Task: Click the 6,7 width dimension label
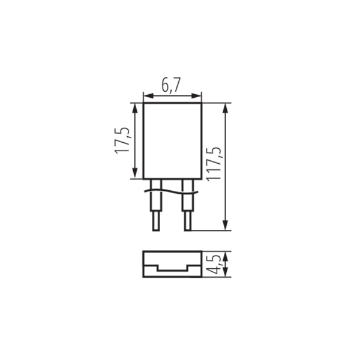(x=171, y=85)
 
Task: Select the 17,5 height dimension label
(x=122, y=140)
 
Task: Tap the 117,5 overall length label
(x=214, y=164)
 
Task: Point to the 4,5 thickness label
(x=214, y=264)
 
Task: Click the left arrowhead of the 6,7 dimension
(x=148, y=96)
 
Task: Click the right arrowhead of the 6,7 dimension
(x=196, y=96)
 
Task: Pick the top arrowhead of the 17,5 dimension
(x=135, y=108)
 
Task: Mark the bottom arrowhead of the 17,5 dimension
(x=135, y=173)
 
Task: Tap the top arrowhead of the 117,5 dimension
(x=226, y=108)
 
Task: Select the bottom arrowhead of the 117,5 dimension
(x=226, y=225)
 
